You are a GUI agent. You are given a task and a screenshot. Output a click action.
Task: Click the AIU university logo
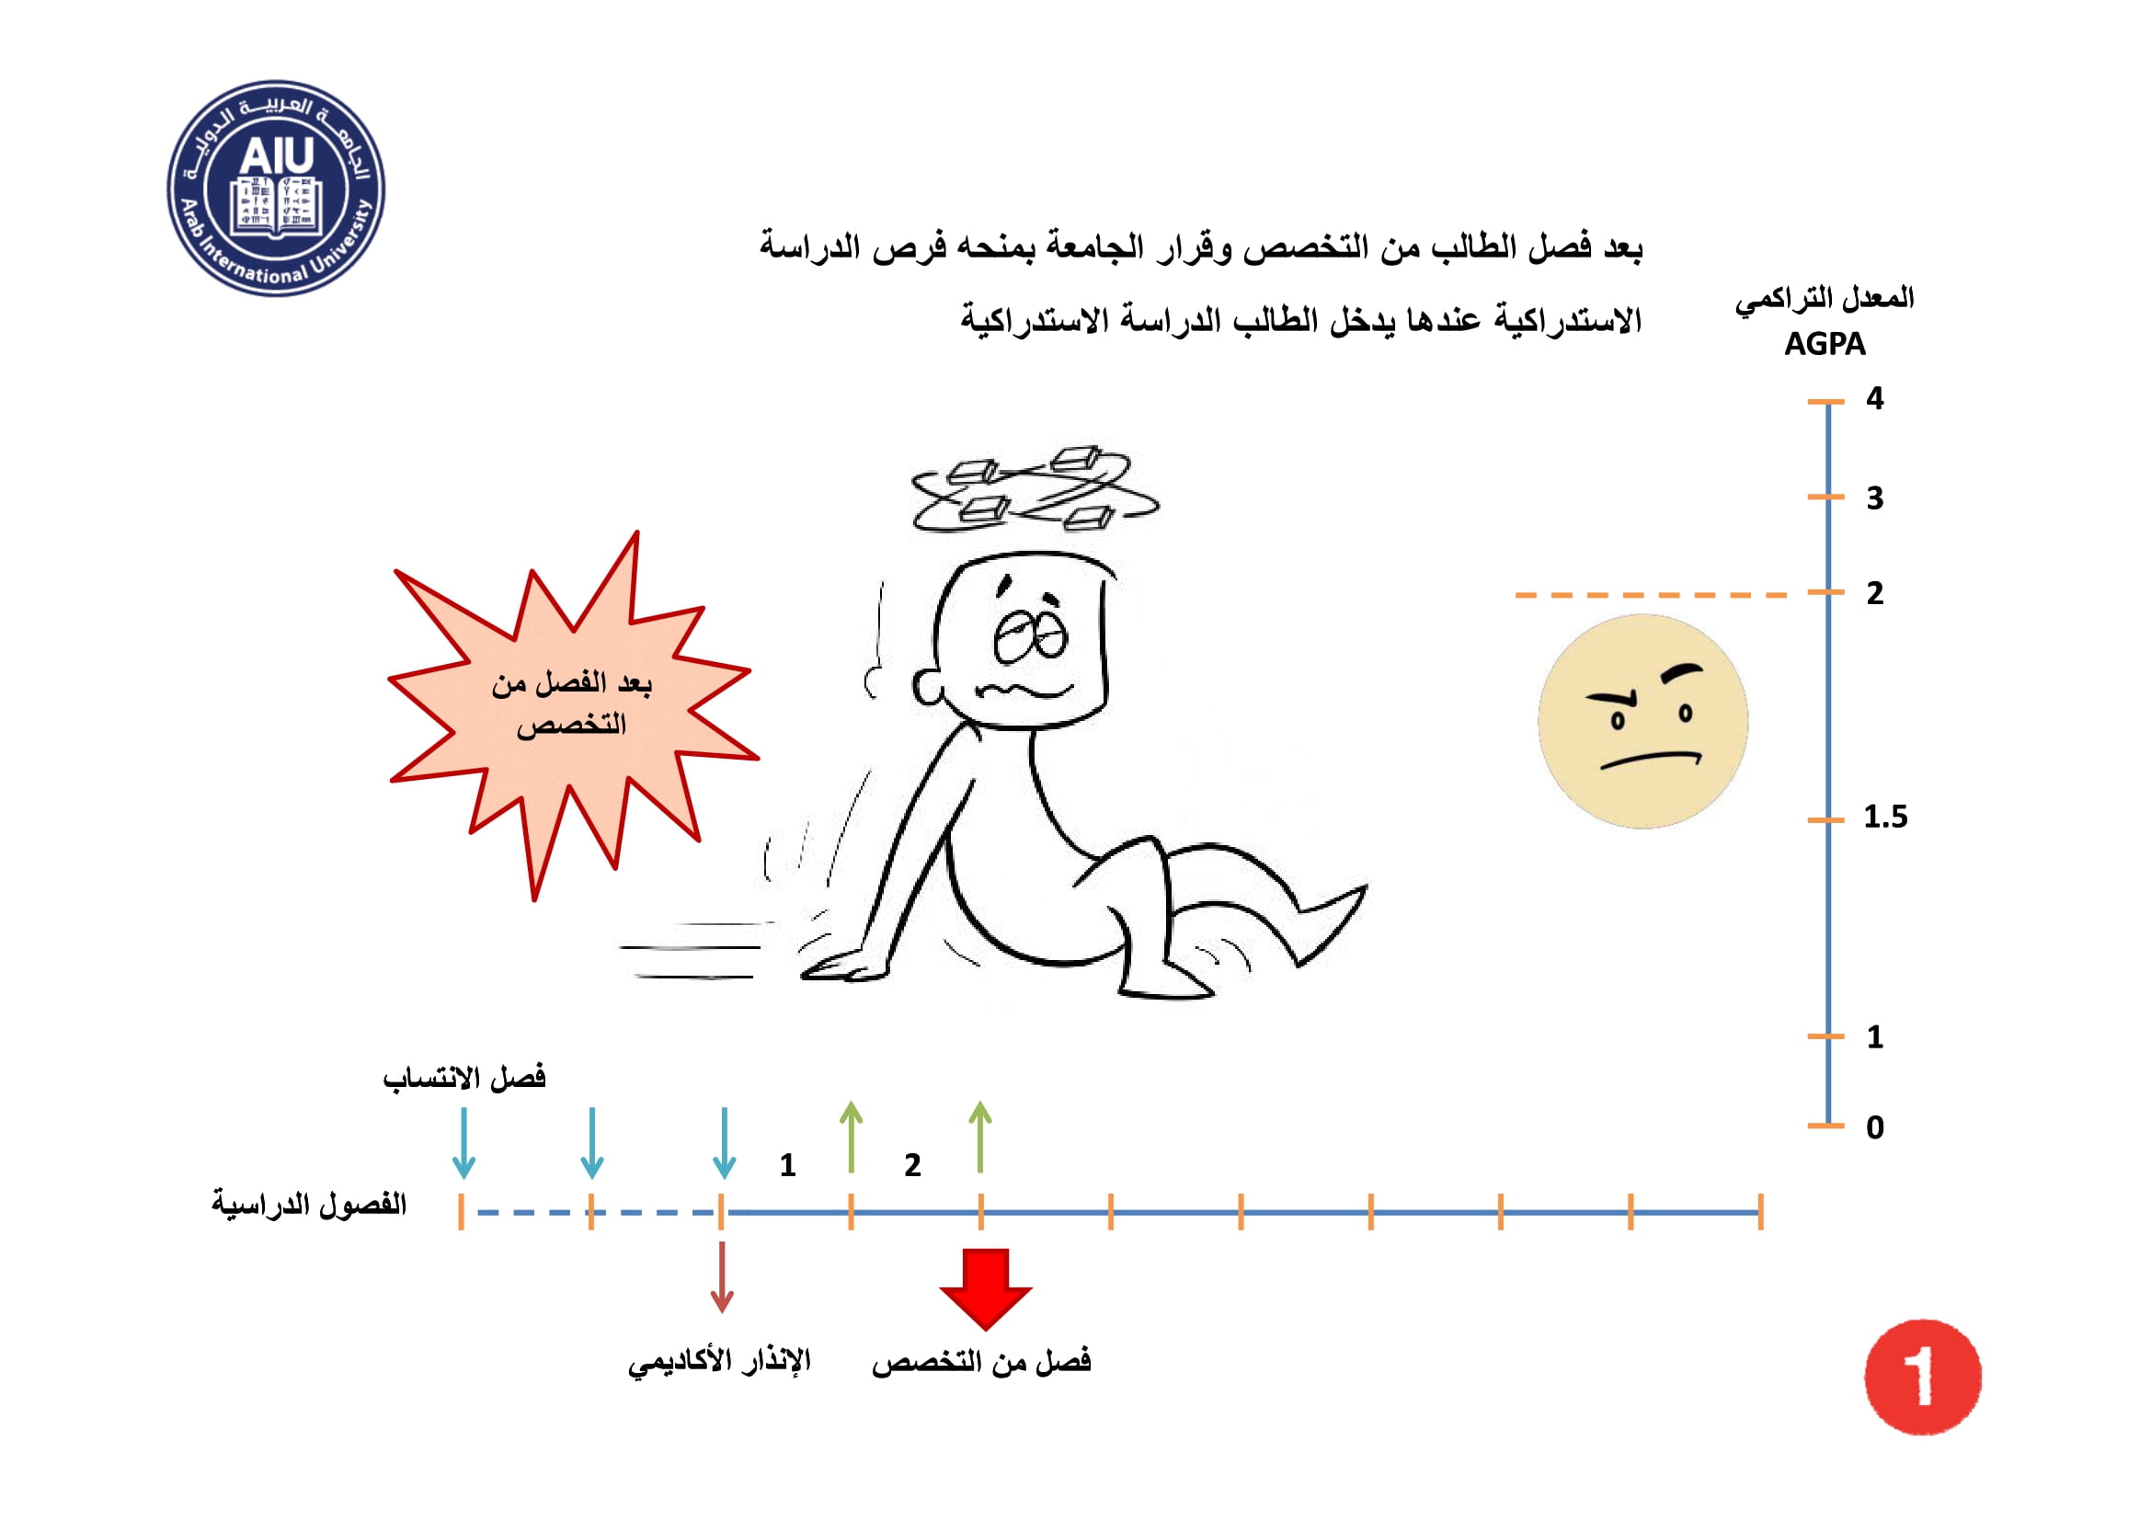coord(277,189)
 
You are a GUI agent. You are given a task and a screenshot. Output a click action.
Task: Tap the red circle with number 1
coord(1922,1376)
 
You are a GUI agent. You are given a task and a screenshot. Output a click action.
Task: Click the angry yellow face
coord(1643,721)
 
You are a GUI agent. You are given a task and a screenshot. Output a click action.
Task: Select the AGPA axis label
coord(1824,344)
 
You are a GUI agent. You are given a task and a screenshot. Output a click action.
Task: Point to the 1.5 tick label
coord(1885,817)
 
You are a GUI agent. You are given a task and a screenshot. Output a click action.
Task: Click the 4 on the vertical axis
coord(1874,398)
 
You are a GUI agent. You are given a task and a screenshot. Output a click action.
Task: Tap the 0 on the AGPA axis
coord(1874,1126)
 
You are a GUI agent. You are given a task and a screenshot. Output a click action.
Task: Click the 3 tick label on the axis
coord(1874,497)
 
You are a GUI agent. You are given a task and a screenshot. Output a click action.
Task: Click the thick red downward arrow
coord(986,1288)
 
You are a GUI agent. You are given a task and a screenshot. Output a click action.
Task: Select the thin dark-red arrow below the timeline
coord(721,1276)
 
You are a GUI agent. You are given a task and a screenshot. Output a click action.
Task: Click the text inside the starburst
coord(571,703)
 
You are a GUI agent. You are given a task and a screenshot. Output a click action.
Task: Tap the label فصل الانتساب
coord(463,1078)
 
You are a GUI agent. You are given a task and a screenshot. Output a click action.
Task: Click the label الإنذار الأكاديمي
coord(718,1361)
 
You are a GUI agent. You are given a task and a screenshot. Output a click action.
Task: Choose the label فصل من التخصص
coord(981,1361)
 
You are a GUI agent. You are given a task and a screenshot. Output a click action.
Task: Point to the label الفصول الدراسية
coord(308,1204)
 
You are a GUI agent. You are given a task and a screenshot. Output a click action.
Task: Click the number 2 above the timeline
coord(912,1165)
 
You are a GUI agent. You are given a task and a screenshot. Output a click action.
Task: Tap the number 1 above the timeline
coord(788,1165)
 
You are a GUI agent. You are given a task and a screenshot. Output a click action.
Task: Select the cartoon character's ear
coord(930,687)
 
